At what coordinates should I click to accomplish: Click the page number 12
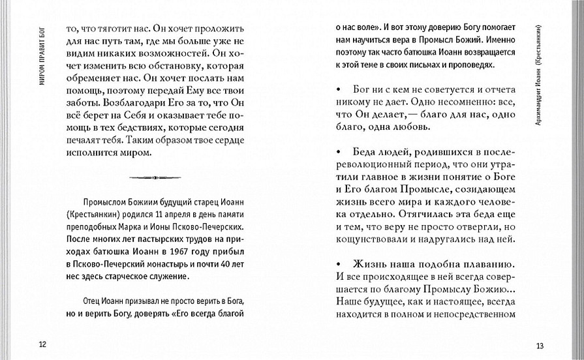tap(42, 344)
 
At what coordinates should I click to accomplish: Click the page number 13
tap(539, 345)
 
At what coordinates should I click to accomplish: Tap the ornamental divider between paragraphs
tap(154, 177)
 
